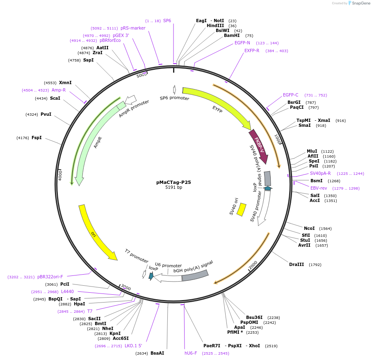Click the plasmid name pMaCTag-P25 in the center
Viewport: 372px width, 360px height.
point(173,182)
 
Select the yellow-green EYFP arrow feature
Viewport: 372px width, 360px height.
point(217,103)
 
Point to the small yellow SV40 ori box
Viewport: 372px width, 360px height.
point(242,209)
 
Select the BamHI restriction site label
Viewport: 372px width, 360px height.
point(232,36)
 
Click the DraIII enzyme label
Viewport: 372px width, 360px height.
point(297,264)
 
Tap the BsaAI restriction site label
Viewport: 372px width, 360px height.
point(157,353)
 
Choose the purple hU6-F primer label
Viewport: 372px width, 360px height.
point(191,353)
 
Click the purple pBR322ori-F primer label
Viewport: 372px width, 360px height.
point(50,277)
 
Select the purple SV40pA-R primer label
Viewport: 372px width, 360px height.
point(320,173)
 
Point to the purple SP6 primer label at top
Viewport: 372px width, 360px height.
point(167,21)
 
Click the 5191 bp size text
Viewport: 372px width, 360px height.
point(173,188)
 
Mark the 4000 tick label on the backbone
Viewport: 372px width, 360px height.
point(60,175)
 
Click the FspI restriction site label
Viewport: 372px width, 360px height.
point(37,138)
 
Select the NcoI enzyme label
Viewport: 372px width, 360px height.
point(309,228)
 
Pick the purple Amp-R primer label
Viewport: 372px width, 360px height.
point(59,90)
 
